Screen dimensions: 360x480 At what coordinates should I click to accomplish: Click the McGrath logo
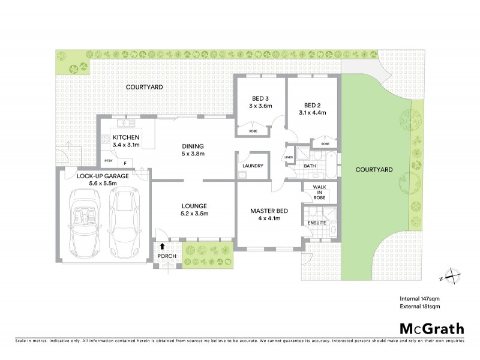coord(432,328)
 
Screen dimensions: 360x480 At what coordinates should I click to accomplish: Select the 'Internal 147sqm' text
coord(419,298)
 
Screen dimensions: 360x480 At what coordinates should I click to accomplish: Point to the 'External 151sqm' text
coord(420,307)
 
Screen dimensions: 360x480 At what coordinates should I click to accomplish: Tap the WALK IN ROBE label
coord(319,192)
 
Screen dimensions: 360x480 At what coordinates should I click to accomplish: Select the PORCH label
coord(166,256)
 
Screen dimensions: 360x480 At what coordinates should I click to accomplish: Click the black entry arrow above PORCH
coord(162,246)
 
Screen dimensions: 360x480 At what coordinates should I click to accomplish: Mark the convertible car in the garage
coord(84,221)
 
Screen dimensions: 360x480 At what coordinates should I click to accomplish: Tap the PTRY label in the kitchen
coord(109,161)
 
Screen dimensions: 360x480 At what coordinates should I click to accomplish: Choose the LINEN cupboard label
coord(288,158)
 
